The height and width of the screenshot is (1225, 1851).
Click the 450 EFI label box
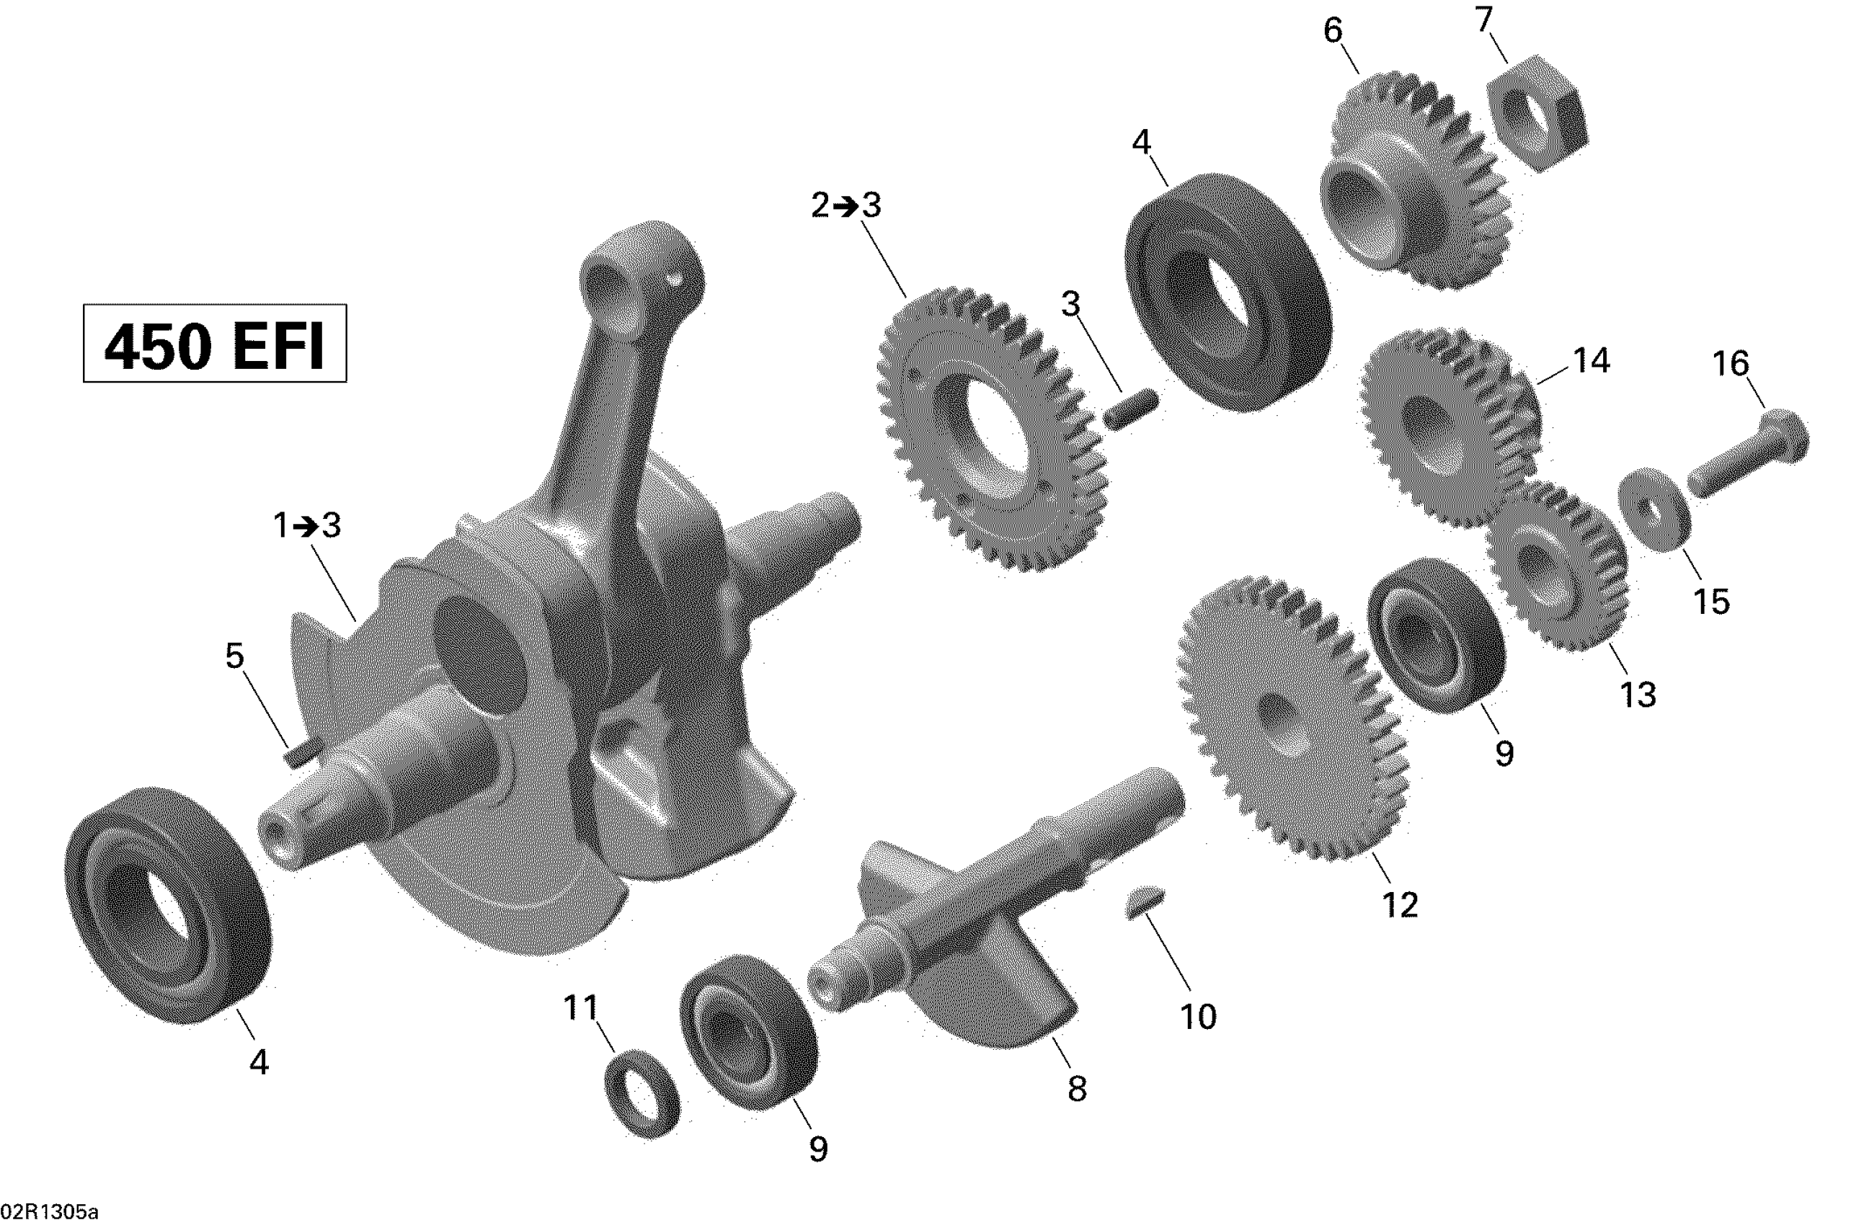coord(215,343)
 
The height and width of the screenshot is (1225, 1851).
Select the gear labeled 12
coord(1293,718)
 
